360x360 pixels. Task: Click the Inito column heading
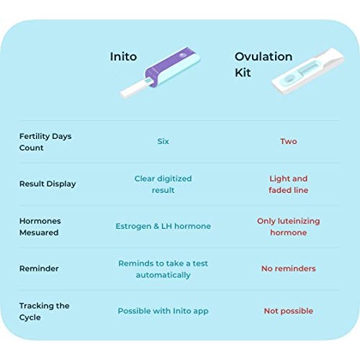coord(123,56)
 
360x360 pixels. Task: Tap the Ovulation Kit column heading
coord(264,64)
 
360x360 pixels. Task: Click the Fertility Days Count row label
coord(45,142)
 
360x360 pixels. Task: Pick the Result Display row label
coord(48,184)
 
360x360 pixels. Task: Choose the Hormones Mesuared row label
coord(40,227)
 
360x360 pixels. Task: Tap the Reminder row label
coord(39,269)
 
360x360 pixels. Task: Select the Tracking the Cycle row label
coord(45,311)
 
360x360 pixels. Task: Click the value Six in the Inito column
coord(163,141)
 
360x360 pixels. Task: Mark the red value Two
coord(288,141)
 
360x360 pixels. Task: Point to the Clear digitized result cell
coord(163,184)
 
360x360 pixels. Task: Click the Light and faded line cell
coord(288,184)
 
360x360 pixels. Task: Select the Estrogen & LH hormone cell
coord(163,226)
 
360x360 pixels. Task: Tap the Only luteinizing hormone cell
coord(288,227)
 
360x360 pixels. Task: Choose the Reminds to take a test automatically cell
coord(163,269)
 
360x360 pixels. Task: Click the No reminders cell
coord(288,269)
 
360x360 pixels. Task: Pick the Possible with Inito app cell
coord(163,311)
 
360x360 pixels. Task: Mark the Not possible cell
coord(288,311)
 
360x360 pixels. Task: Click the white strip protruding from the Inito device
coord(133,90)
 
